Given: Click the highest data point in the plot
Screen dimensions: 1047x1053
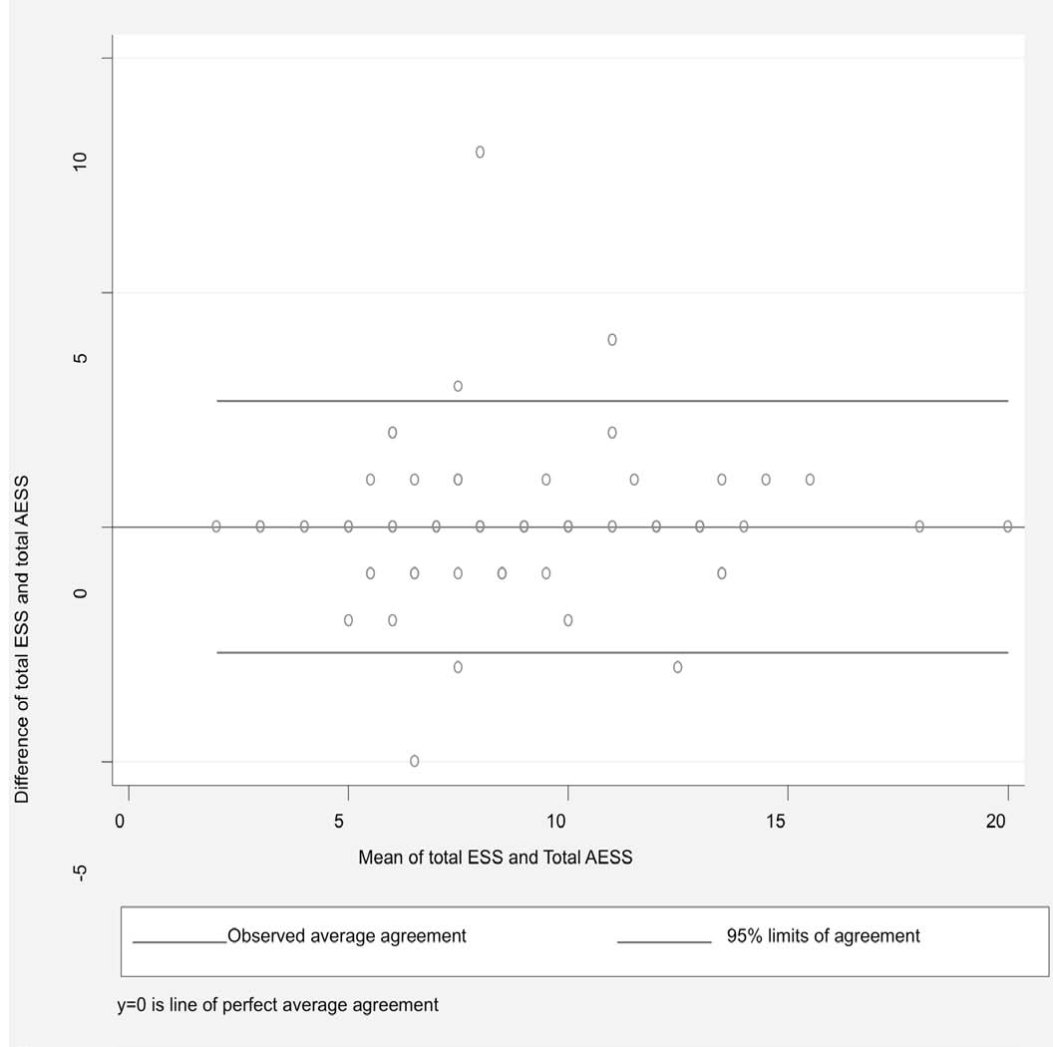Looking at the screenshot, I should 480,152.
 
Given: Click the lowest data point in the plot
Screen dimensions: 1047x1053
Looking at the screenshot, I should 414,761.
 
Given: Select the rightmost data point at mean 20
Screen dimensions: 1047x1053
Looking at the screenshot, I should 1007,525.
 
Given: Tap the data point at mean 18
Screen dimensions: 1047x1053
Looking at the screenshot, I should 919,525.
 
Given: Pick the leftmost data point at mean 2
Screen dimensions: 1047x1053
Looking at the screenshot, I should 216,525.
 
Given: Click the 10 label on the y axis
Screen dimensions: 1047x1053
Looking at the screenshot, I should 81,162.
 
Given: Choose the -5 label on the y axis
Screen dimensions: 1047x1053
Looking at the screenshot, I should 81,872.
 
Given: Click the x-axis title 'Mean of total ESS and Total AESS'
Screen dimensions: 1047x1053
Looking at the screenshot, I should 496,857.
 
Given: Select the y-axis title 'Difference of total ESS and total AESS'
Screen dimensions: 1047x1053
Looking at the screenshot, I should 21,639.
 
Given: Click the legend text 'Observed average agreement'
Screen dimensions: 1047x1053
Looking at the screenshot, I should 347,936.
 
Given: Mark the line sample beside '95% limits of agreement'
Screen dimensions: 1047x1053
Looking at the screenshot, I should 664,942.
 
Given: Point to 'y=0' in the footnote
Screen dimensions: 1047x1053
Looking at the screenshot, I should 134,1004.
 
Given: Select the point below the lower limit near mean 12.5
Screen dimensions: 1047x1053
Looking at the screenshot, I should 678,667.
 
